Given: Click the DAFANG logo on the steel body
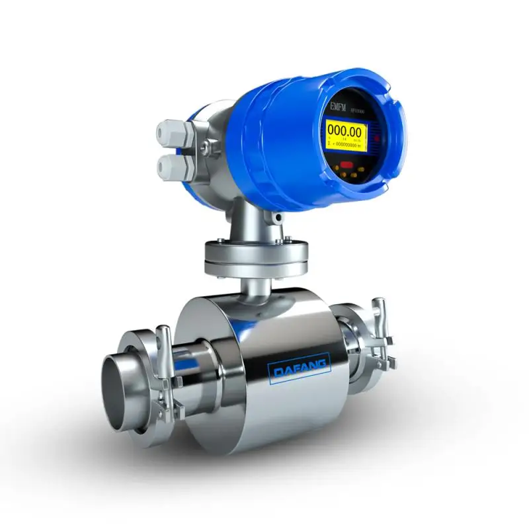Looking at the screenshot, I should tap(300, 368).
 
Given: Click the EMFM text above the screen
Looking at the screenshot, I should tap(337, 106).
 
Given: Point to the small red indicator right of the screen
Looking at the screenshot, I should tap(376, 140).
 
